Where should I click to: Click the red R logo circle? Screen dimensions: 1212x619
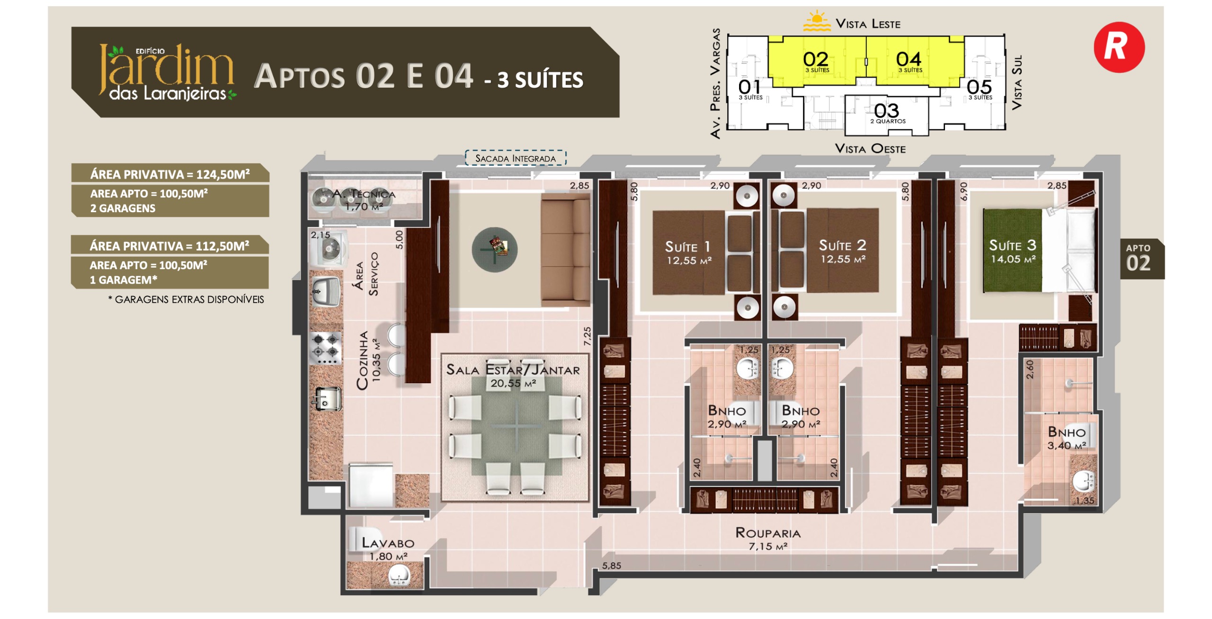1119,47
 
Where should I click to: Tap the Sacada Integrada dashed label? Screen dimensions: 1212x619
515,158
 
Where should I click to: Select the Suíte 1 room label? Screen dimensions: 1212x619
688,252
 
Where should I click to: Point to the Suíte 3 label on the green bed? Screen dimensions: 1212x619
1013,251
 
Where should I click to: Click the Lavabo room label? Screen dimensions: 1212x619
388,548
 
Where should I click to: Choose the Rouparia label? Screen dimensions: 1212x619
768,538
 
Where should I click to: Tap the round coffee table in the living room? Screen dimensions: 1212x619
495,249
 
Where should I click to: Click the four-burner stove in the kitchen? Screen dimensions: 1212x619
326,349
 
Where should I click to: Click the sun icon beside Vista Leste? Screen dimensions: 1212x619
817,21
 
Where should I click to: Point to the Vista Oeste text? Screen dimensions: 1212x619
870,148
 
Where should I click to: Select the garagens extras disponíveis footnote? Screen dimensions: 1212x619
186,299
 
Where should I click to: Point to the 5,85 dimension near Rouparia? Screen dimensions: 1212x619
612,565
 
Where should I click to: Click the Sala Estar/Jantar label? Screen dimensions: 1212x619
513,376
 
